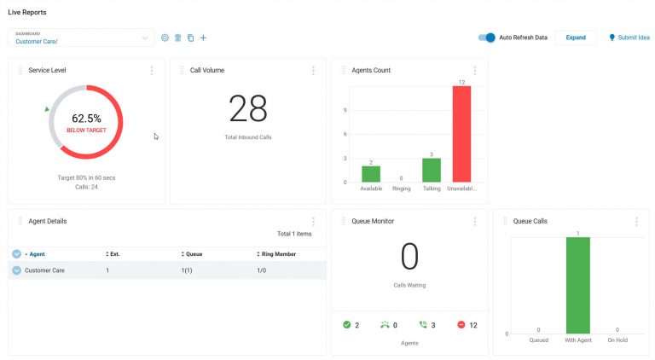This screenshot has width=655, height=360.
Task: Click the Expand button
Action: pos(576,38)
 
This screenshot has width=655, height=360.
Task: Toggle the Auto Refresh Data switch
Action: pos(487,38)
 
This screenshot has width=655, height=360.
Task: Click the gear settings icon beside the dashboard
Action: pos(165,38)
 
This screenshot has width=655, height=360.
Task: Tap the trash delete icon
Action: pos(177,38)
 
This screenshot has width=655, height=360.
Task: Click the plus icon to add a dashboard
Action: pos(203,38)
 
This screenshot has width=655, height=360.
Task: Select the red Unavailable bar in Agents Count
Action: pos(461,133)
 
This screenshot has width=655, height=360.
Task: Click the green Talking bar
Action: pos(432,170)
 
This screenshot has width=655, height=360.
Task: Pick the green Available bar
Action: pos(371,173)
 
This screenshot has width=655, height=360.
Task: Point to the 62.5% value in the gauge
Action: pos(86,119)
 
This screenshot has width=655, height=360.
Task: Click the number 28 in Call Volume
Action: pos(248,109)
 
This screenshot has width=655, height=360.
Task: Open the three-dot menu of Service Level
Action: pos(152,71)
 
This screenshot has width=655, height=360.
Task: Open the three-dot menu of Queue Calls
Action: pos(636,221)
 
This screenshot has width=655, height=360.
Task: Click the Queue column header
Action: pos(194,254)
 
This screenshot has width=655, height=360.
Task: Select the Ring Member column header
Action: pos(276,254)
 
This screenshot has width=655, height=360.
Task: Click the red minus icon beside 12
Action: pos(461,325)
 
